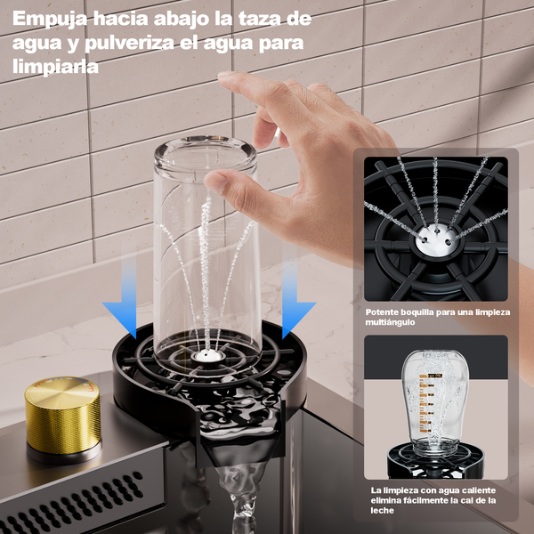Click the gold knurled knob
point(63,417)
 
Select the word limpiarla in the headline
point(55,67)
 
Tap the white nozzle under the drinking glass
point(207,356)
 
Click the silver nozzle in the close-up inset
point(437,241)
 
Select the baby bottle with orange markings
point(435,402)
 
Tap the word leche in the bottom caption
point(382,511)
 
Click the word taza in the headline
point(260,19)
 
